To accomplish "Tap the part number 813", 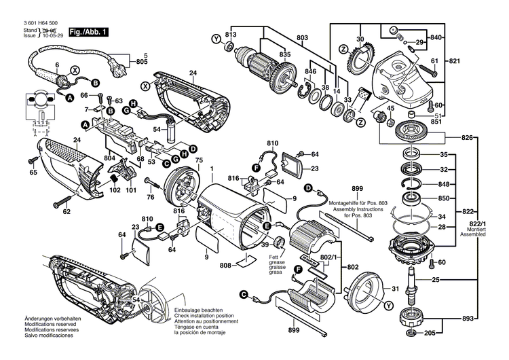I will pos(231,34).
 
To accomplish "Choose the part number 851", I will pos(436,123).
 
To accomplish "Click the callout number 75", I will pos(199,160).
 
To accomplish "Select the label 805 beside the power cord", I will pos(141,62).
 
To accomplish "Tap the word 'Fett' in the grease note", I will pos(274,257).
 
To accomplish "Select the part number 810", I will pos(272,143).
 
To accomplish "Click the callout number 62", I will pos(67,212).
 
